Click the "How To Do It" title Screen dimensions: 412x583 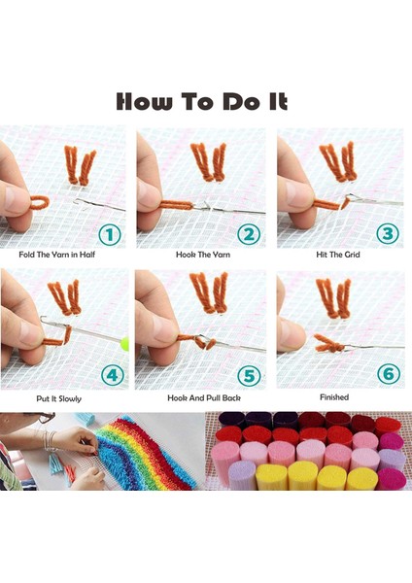click(x=202, y=101)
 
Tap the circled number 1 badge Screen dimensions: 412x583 click(x=110, y=234)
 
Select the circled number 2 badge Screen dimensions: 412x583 click(x=249, y=234)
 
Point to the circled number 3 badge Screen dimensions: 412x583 click(x=388, y=233)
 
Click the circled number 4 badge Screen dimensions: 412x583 click(x=113, y=375)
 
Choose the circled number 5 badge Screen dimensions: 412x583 click(x=249, y=375)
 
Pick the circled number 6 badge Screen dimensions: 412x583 click(x=389, y=373)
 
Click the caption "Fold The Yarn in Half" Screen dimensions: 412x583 click(x=57, y=255)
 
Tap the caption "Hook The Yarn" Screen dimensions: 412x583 click(x=203, y=255)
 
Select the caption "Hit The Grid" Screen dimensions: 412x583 click(x=338, y=255)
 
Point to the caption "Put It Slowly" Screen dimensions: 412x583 click(x=58, y=399)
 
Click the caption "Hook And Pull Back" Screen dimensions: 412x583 click(x=204, y=398)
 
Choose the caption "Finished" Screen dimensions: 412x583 click(x=334, y=397)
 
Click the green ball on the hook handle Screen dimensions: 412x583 click(x=125, y=343)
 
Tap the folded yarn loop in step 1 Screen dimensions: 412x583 click(x=40, y=202)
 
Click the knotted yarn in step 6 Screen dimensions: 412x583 click(x=329, y=344)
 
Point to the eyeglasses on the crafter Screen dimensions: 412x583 click(x=44, y=418)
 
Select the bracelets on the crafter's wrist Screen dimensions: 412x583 click(x=49, y=441)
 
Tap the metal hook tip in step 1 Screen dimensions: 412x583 click(x=77, y=202)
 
